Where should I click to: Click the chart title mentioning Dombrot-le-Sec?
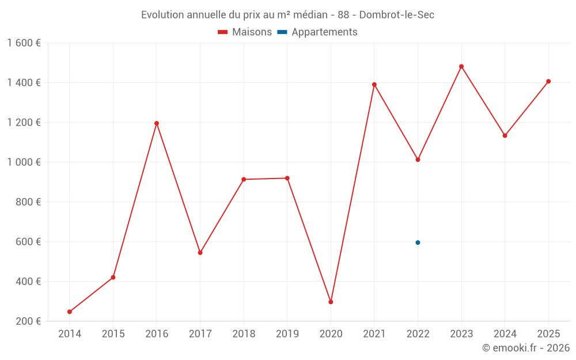point(287,15)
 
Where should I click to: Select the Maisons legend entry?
point(245,32)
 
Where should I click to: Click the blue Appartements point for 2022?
point(418,242)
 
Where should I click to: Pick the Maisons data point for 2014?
point(70,312)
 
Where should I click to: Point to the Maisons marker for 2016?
point(157,123)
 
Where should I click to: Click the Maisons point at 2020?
point(331,302)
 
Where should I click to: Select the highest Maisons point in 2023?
point(461,66)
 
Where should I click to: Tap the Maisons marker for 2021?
point(374,85)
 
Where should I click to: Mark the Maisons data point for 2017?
point(200,253)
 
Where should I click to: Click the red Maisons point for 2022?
point(418,160)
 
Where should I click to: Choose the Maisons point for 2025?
point(548,81)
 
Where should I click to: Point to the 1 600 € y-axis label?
point(24,43)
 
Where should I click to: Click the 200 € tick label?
point(27,321)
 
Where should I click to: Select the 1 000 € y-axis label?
point(24,162)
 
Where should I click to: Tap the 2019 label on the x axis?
point(287,334)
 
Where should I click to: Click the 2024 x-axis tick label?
point(505,334)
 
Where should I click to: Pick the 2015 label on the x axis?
point(113,334)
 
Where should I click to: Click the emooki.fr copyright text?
point(526,348)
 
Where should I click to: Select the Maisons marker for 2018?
point(244,179)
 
